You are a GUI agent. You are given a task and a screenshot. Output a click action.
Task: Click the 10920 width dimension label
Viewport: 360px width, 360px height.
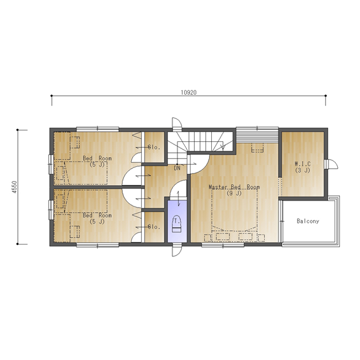pos(188,92)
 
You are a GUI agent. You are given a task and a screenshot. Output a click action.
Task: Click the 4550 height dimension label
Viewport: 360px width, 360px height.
pos(14,187)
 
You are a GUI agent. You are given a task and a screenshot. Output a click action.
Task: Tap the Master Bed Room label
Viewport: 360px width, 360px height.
pos(234,187)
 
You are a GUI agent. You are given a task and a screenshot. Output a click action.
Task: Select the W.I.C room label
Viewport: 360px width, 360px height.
pos(303,164)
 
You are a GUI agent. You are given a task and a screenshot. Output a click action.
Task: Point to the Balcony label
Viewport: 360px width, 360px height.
pos(308,221)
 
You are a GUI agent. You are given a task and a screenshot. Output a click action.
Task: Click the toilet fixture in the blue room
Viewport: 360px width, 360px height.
pos(177,224)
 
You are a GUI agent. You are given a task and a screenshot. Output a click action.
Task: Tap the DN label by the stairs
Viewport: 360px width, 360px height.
pos(177,168)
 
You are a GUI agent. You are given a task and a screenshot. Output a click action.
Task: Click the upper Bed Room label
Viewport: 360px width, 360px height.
pos(97,158)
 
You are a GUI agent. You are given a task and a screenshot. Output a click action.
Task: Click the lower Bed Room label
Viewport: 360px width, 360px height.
pos(97,215)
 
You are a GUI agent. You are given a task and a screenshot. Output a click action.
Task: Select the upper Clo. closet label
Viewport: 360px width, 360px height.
pos(154,147)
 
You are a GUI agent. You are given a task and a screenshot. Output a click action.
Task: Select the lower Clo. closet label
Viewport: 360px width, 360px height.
pos(154,227)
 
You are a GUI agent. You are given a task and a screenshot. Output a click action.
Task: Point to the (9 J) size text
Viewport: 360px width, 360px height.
pos(234,193)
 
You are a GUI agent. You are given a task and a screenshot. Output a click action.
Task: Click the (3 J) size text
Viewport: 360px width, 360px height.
pos(303,170)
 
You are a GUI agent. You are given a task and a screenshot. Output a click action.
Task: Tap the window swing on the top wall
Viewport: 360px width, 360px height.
pos(177,124)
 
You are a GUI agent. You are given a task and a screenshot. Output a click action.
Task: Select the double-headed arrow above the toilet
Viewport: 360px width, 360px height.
pos(178,199)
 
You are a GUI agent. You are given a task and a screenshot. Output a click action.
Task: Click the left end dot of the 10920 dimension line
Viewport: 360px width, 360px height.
pos(52,95)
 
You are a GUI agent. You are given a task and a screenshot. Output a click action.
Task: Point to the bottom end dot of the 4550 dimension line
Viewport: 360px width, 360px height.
pos(17,244)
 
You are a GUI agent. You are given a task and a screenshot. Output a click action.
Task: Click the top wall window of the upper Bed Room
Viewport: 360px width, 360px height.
pos(97,129)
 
